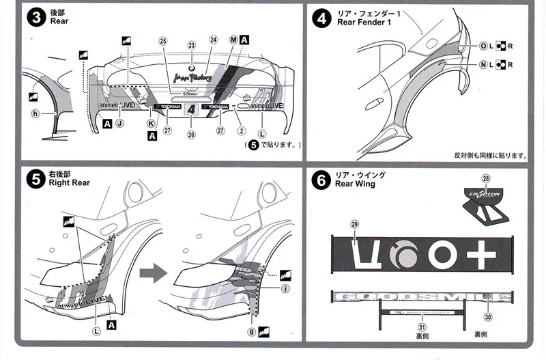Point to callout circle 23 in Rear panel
point(192,45)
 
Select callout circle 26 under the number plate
point(191,135)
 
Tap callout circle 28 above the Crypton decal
point(486,178)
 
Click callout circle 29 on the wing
point(354,225)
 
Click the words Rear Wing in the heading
point(355,184)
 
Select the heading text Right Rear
point(70,183)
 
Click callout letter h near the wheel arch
point(35,113)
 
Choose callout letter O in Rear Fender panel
point(483,46)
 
